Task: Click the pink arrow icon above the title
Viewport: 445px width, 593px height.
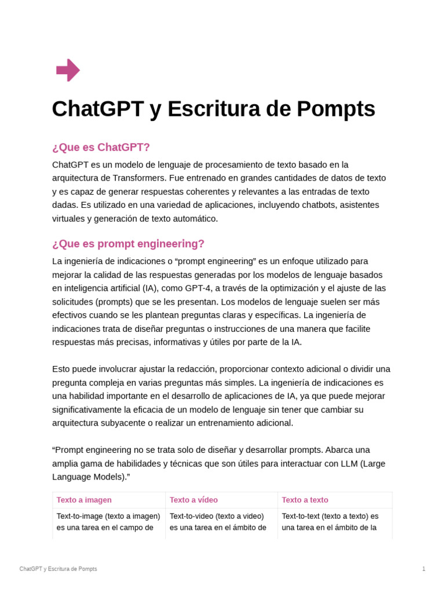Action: tap(68, 70)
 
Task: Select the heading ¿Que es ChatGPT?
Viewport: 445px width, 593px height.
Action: tap(101, 147)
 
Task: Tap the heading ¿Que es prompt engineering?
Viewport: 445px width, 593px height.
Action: tap(128, 244)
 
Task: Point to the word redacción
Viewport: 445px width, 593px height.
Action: tap(191, 369)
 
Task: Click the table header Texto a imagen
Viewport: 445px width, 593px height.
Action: tap(84, 500)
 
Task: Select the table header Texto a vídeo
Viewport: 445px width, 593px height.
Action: tap(194, 500)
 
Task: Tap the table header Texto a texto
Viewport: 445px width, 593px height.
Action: tap(305, 500)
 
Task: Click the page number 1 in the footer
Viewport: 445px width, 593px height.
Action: tap(424, 569)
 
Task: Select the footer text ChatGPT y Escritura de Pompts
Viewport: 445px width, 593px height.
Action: tap(58, 569)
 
